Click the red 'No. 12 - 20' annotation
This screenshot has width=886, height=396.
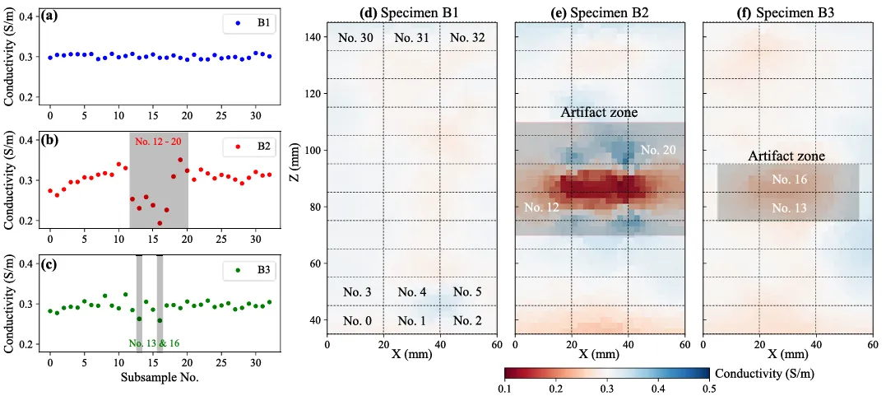coord(159,142)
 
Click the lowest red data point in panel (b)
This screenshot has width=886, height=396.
coord(160,223)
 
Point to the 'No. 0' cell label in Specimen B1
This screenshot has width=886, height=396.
coord(355,320)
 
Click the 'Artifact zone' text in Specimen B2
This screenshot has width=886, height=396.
coord(599,112)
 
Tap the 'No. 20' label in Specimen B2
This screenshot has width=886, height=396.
coord(657,150)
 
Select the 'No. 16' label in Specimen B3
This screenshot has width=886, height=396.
coord(788,179)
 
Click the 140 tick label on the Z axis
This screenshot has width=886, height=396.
coord(313,38)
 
